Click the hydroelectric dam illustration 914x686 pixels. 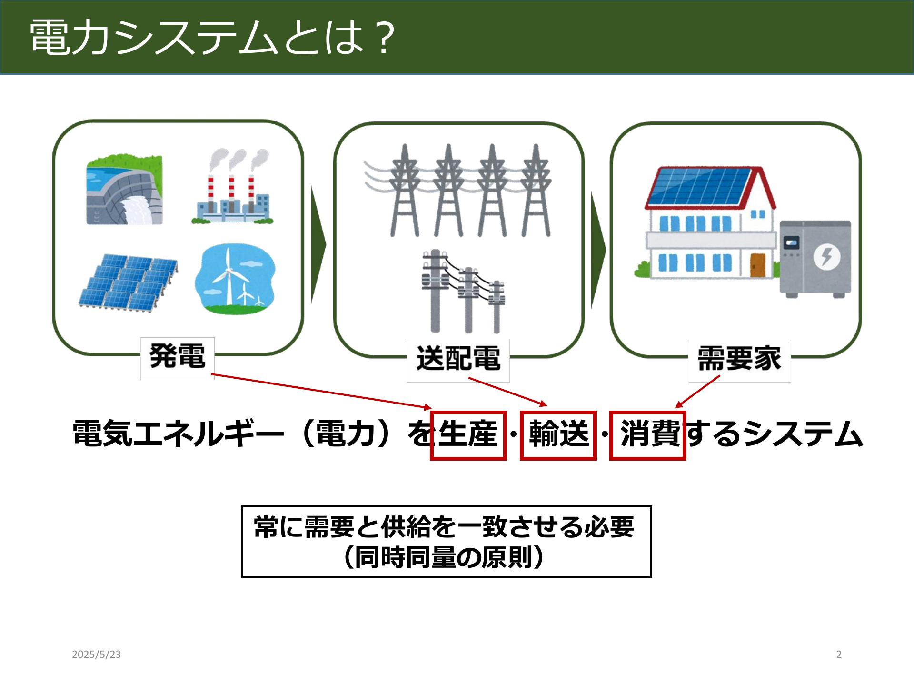coord(124,189)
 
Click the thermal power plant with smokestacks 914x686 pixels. coord(233,186)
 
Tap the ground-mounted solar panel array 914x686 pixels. coord(128,283)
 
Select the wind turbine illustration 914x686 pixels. coord(235,280)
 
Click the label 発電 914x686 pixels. coord(178,356)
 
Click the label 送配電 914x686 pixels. coord(458,359)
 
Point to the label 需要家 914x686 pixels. coord(739,359)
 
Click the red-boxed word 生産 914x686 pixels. coord(468,434)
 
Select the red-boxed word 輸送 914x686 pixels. coord(559,434)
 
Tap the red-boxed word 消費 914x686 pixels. coord(650,434)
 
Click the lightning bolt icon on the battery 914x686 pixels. coord(827,257)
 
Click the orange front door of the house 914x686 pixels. coord(758,265)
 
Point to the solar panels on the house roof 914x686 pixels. coord(699,186)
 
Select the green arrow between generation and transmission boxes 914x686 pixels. coord(318,245)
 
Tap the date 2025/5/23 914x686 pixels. coord(97,655)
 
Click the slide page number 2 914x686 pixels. coord(839,655)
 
